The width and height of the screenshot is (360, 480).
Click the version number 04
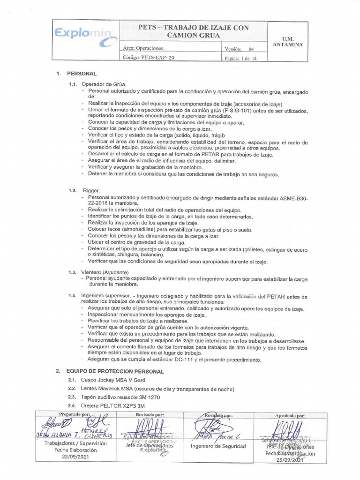[x=251, y=49]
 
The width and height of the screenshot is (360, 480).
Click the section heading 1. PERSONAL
[x=76, y=74]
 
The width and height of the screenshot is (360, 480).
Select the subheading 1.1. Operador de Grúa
[x=97, y=83]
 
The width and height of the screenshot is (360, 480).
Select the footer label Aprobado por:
[x=290, y=415]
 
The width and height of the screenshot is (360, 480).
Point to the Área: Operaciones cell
[x=142, y=48]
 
